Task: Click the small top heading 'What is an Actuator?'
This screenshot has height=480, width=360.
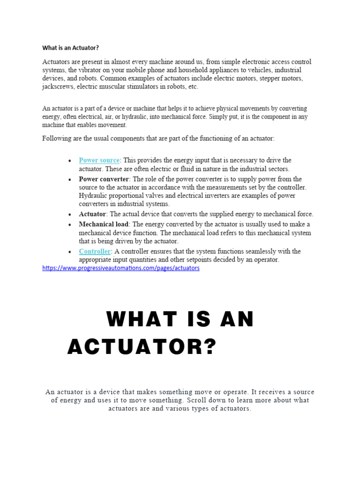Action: (70, 48)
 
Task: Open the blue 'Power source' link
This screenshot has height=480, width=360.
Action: (99, 160)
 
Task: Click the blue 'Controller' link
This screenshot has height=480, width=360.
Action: (95, 251)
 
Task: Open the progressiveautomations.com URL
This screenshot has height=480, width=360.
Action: (121, 268)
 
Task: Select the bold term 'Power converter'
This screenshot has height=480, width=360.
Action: (104, 179)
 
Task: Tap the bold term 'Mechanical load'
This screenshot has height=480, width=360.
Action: (104, 224)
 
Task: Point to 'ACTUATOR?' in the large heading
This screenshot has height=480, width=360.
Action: (142, 347)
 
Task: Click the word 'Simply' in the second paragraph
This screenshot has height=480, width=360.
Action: (220, 117)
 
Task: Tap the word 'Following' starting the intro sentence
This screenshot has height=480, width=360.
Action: (57, 138)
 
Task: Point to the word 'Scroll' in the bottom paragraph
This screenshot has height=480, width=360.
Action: (197, 400)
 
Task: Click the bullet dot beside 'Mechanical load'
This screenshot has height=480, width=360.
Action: (69, 225)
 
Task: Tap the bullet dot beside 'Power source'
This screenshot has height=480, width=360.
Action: (69, 161)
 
